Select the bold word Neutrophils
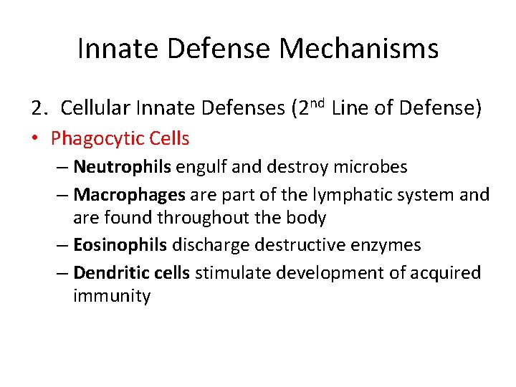click(122, 167)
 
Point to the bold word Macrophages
click(130, 194)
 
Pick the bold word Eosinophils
click(120, 245)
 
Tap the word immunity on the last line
click(111, 296)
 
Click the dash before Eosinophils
click(62, 245)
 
